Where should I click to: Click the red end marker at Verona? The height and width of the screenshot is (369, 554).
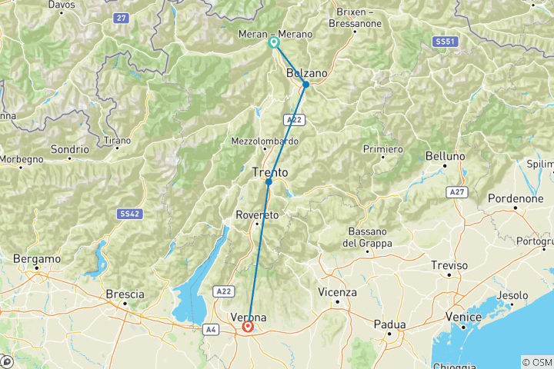(249, 326)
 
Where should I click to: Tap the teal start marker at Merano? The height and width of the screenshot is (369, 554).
(274, 43)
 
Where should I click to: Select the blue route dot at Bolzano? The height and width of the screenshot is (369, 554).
(305, 85)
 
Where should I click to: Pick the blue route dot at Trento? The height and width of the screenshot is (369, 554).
(269, 182)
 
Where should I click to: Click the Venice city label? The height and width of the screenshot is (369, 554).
(464, 317)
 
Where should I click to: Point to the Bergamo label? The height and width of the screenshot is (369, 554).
(38, 259)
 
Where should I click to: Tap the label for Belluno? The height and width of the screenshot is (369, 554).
(446, 156)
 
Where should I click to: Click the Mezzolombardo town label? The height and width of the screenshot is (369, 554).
(264, 141)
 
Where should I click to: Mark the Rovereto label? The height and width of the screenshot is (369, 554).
(258, 214)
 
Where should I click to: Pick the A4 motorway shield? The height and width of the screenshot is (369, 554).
(211, 329)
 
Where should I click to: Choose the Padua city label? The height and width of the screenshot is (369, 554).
(389, 324)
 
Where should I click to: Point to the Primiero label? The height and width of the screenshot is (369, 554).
(384, 148)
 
